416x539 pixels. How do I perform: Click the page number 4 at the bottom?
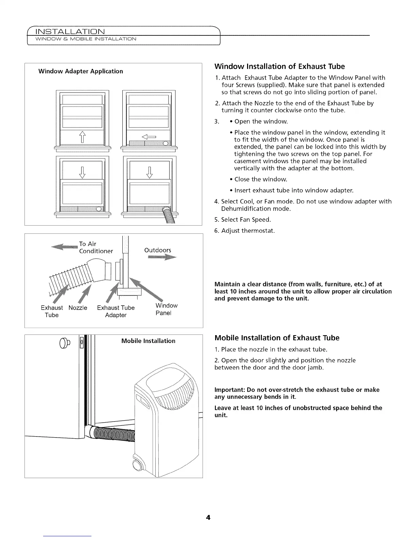[x=208, y=518]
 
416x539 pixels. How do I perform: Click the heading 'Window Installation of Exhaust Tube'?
[x=279, y=66]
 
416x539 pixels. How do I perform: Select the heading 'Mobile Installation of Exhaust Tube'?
[x=277, y=338]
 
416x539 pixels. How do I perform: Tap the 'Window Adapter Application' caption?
[x=81, y=71]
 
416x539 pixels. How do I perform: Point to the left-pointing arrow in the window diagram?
[x=149, y=137]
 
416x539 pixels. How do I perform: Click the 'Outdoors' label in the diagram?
[x=158, y=250]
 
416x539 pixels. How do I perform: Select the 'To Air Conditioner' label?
[x=96, y=247]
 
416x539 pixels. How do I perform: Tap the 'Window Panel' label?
[x=166, y=309]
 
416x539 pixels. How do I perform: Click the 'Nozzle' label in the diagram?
[x=78, y=308]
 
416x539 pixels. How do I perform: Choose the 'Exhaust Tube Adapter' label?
[x=116, y=311]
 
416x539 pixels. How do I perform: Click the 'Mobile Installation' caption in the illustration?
[x=148, y=341]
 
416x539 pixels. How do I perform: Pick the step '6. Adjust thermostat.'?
[x=244, y=231]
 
